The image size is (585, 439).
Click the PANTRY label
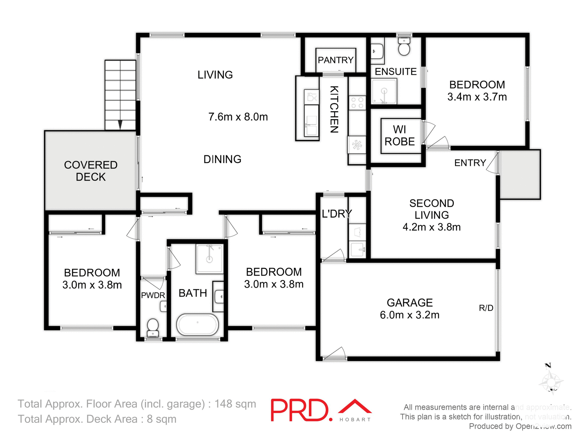[335, 60]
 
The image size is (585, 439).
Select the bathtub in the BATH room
[197, 325]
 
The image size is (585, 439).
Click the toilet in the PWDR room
[153, 327]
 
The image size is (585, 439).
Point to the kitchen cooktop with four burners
[357, 102]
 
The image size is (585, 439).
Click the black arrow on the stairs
[120, 124]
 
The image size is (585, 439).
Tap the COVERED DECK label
[90, 171]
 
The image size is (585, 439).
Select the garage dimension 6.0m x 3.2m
[409, 315]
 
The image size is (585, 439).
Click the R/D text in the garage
[486, 308]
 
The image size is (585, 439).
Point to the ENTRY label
[470, 163]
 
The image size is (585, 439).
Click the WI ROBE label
[399, 135]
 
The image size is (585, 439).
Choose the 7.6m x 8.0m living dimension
[238, 117]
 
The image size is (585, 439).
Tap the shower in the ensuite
[384, 91]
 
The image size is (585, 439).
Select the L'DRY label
[337, 214]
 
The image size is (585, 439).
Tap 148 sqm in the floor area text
[235, 404]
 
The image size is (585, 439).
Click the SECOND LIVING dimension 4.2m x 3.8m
[431, 227]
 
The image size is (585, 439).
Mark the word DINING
[222, 159]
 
